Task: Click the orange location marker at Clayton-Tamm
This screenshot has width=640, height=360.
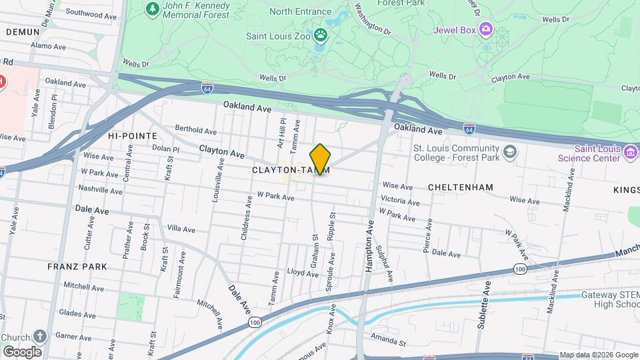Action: click(320, 159)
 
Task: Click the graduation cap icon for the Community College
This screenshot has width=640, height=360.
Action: click(510, 153)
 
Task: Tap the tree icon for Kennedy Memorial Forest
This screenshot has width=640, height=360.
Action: click(153, 9)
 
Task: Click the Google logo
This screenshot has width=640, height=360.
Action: click(22, 351)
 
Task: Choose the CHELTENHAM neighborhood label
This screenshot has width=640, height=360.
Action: click(461, 187)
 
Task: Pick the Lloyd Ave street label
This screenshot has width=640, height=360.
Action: click(299, 272)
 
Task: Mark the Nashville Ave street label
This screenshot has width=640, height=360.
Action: click(101, 190)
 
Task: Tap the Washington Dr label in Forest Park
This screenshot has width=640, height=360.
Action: click(372, 19)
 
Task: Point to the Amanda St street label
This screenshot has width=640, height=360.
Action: click(388, 343)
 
